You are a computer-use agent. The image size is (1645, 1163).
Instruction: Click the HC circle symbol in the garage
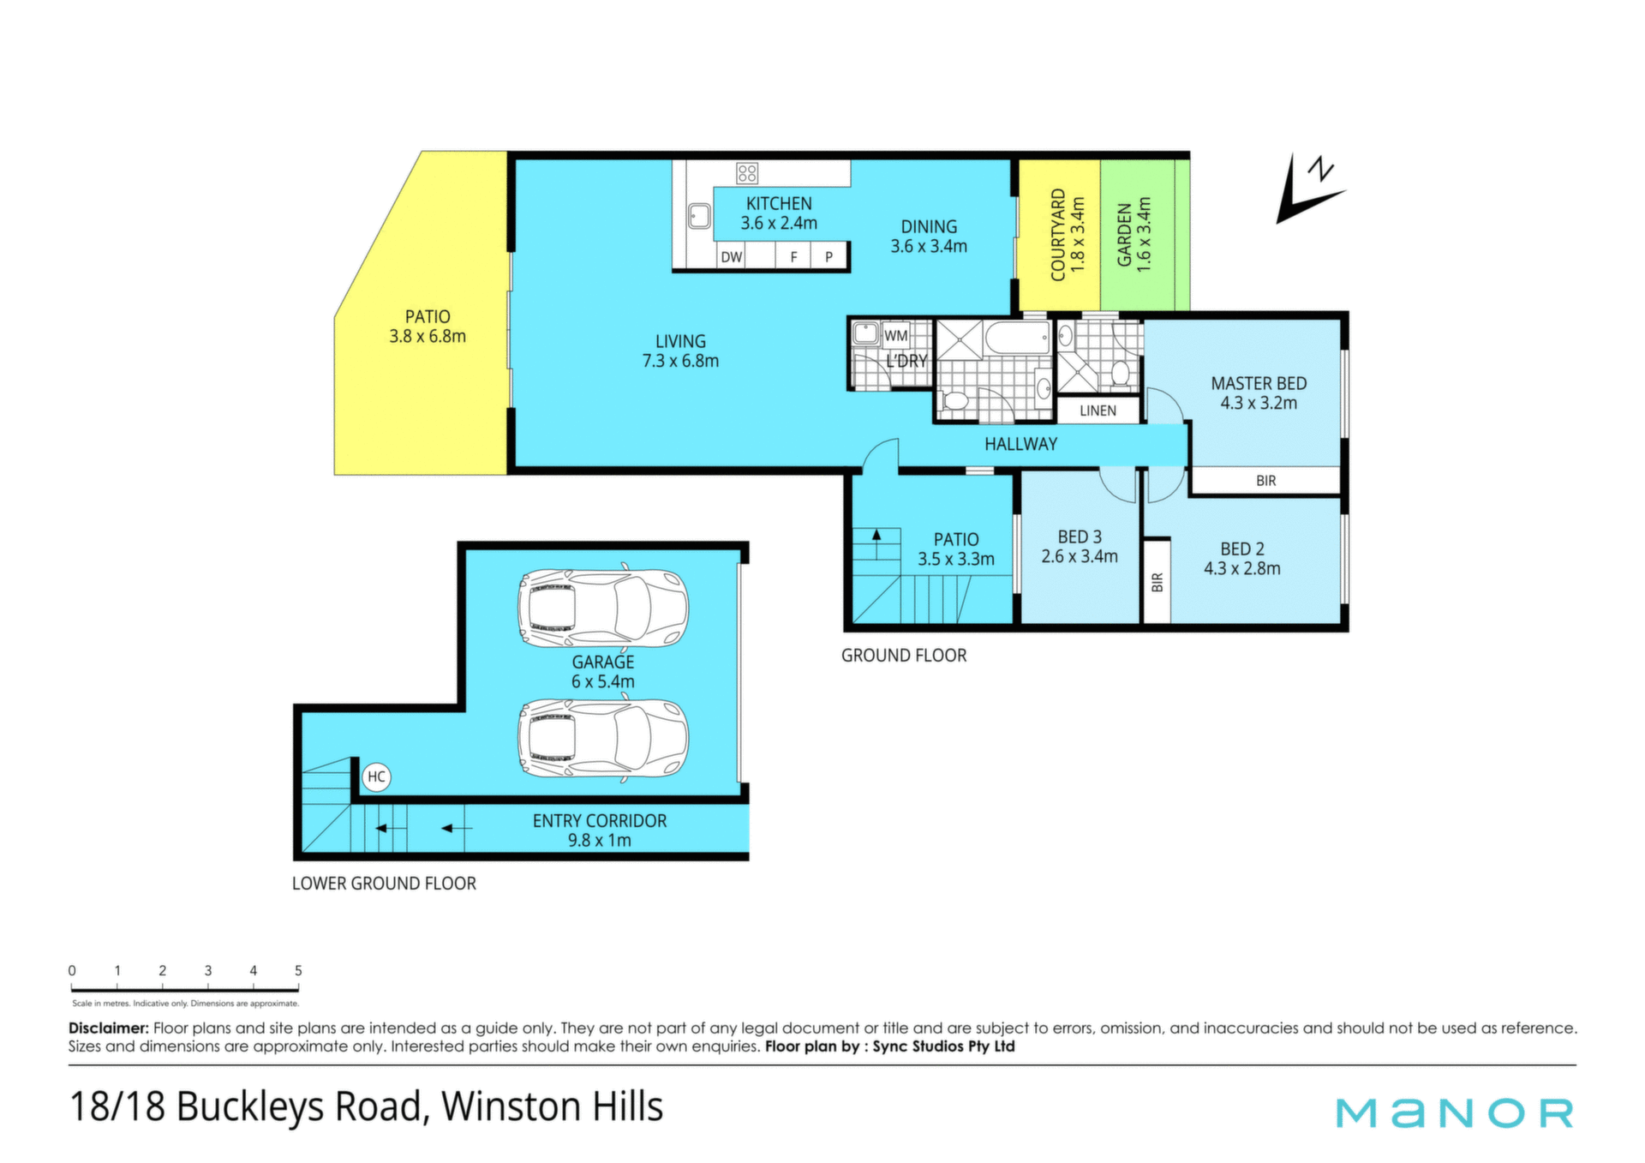point(376,776)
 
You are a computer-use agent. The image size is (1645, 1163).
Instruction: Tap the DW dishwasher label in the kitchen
point(732,256)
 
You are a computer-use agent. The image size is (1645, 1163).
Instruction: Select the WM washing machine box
point(895,335)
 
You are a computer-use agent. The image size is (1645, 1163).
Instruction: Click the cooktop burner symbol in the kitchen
point(747,174)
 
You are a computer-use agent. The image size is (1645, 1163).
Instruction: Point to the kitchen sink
point(700,216)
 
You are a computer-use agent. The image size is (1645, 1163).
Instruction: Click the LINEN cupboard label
point(1098,411)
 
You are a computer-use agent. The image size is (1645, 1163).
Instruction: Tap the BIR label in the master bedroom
point(1265,481)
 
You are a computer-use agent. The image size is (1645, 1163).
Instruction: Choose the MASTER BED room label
point(1259,383)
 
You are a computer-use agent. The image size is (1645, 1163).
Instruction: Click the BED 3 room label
point(1080,537)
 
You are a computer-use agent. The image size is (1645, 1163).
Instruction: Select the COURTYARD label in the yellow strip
point(1058,235)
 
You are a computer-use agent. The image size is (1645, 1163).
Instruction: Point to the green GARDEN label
point(1124,235)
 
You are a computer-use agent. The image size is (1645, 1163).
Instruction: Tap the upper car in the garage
point(603,608)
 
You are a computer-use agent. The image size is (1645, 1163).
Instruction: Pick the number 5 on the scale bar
point(298,971)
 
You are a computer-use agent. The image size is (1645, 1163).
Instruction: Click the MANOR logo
point(1455,1112)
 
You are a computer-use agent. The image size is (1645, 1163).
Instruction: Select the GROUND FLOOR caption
point(904,656)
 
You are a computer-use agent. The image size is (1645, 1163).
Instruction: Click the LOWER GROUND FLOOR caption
point(384,884)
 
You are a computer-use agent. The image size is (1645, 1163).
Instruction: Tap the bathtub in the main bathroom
point(1018,338)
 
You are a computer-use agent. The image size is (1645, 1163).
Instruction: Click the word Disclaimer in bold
point(109,1028)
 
